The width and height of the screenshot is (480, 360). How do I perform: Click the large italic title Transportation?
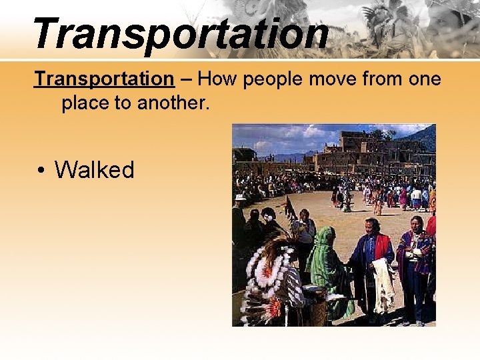(x=180, y=33)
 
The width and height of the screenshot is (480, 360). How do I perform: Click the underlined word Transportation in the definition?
(x=104, y=79)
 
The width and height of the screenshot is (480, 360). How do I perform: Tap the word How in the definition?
(x=218, y=79)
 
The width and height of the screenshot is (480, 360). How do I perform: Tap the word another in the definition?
(x=179, y=103)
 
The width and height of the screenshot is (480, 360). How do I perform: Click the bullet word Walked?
(x=94, y=170)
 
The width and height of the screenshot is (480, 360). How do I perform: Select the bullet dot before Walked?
(x=41, y=171)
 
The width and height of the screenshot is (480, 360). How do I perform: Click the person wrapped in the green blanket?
(x=327, y=267)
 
